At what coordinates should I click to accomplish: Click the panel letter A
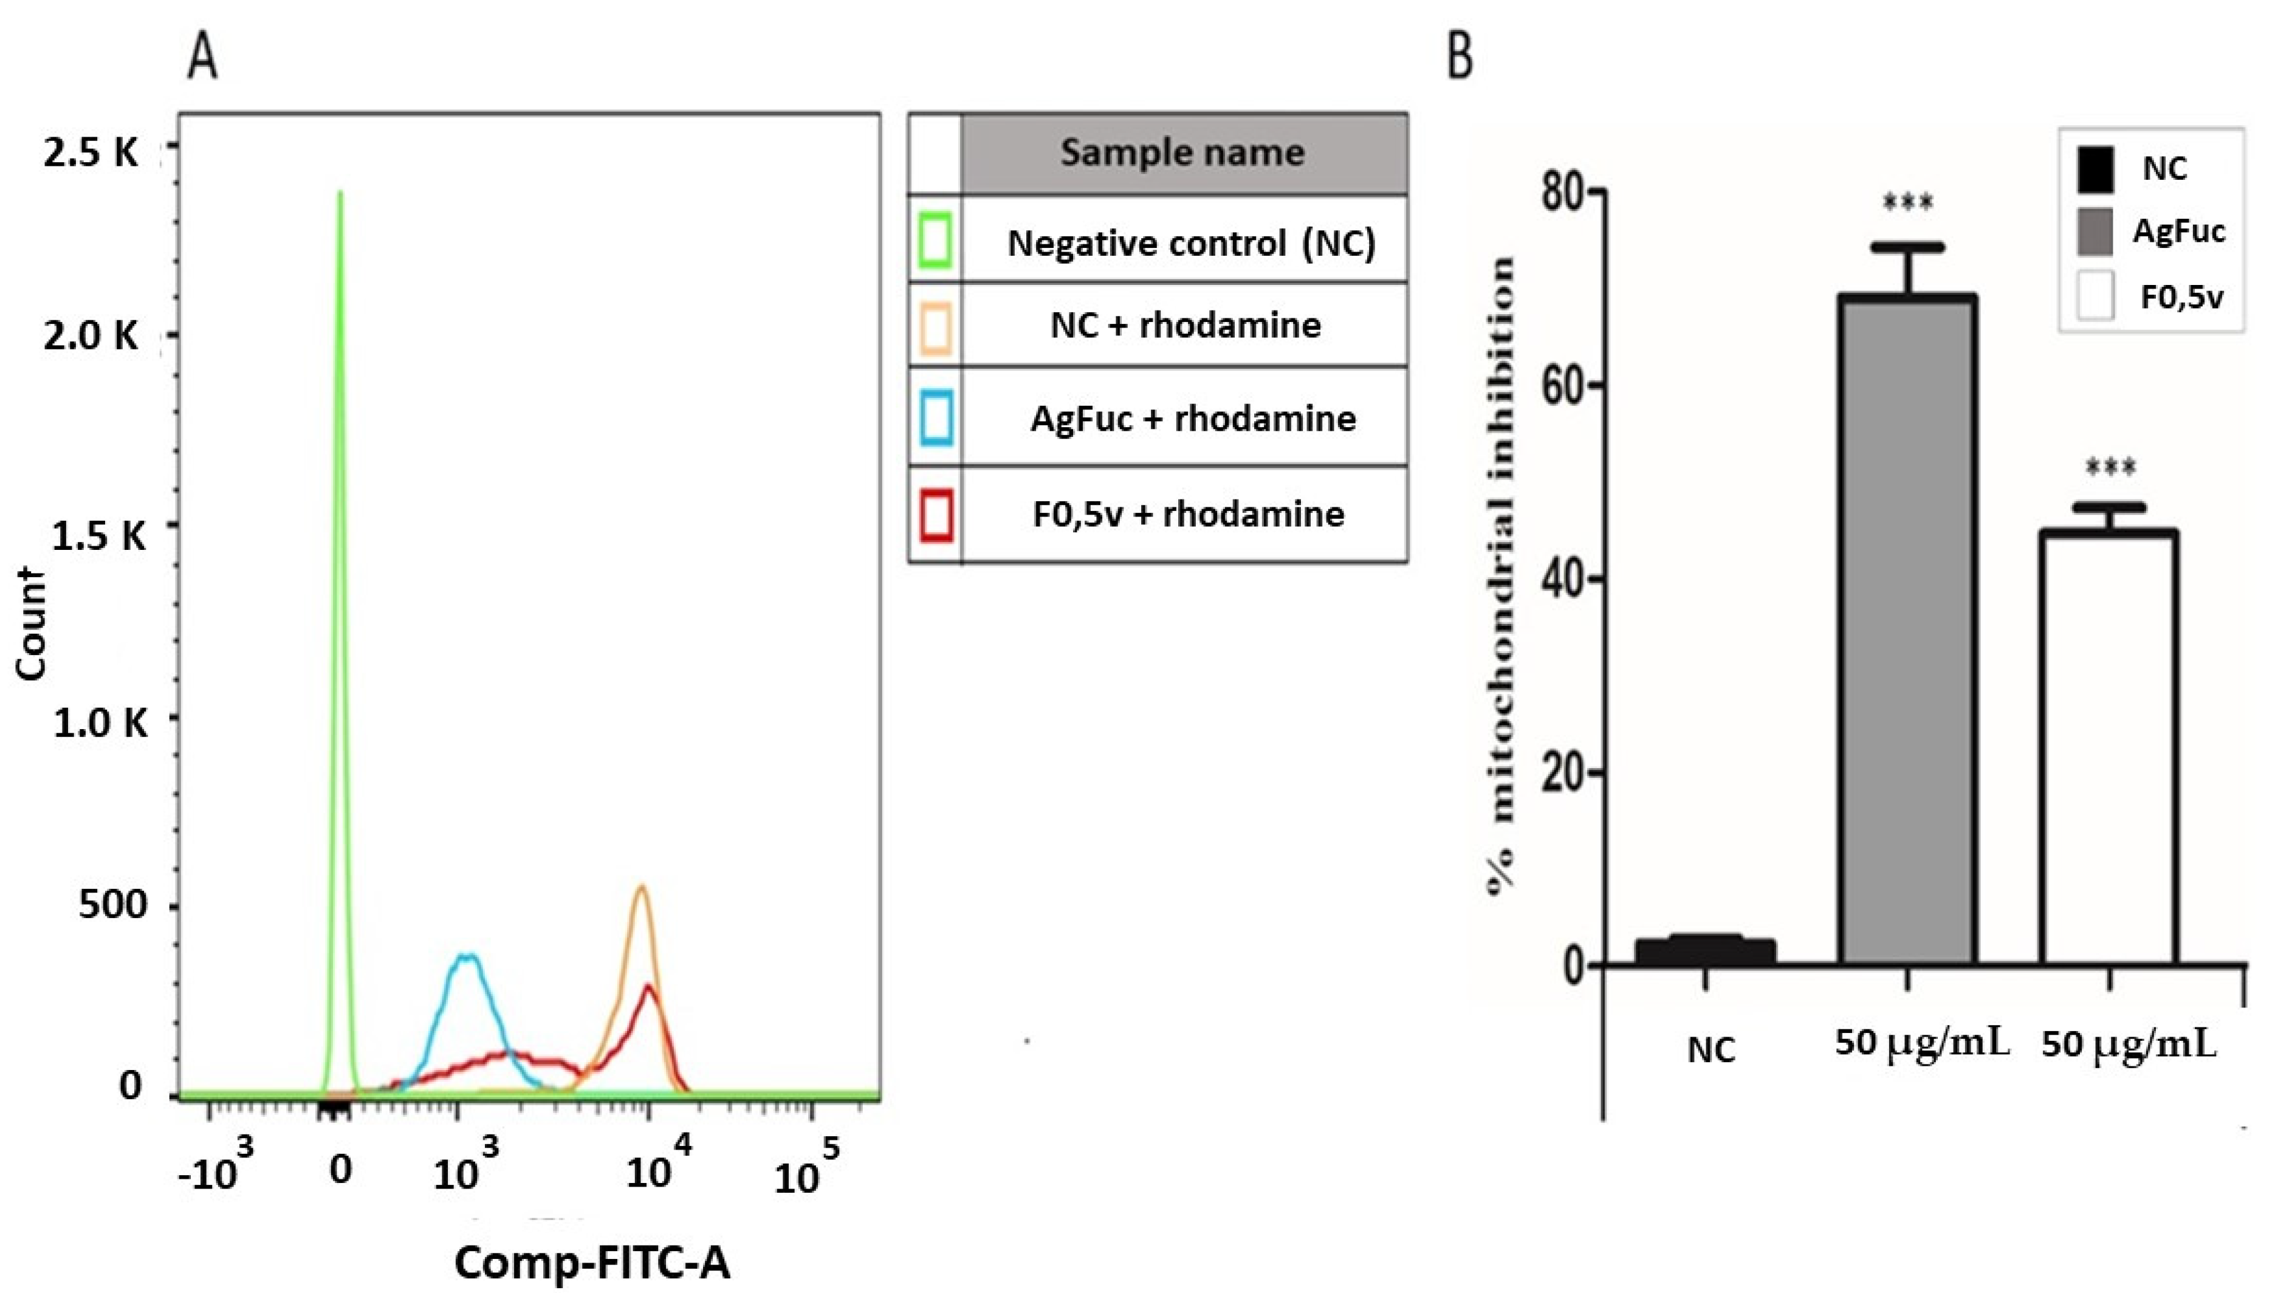(x=202, y=60)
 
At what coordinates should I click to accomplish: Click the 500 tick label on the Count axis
(x=113, y=905)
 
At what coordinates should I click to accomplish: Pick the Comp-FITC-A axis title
(x=592, y=1261)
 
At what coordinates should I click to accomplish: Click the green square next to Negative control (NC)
(x=936, y=240)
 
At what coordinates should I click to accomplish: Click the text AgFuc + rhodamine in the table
(x=1193, y=418)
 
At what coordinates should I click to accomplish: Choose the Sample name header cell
(x=1183, y=153)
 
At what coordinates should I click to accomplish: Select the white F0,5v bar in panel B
(x=2108, y=746)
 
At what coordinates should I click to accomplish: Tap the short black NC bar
(x=1705, y=950)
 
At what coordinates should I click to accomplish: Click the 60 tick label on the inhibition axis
(x=1563, y=385)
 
